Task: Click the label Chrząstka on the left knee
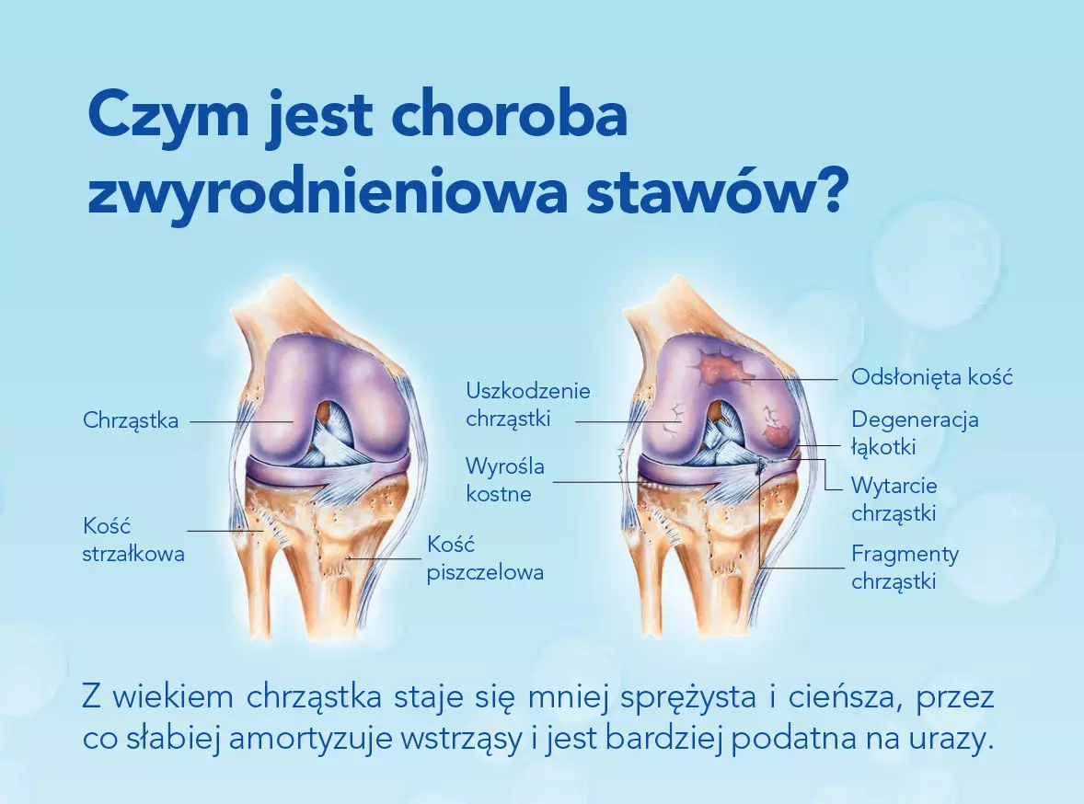[x=131, y=420]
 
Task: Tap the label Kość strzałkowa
[x=133, y=540]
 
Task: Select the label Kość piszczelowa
[x=485, y=557]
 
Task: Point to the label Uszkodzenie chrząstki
[x=528, y=405]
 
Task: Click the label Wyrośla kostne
[x=505, y=480]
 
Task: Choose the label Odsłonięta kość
[x=932, y=377]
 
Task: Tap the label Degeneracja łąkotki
[x=915, y=432]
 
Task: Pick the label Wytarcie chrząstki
[x=894, y=500]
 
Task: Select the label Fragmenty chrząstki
[x=905, y=567]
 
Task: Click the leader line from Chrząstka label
[x=241, y=421]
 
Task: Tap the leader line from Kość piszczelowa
[x=385, y=557]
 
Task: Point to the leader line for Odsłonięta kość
[x=790, y=379]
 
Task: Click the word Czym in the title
[x=168, y=116]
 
